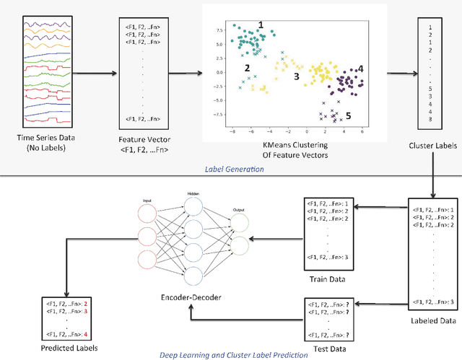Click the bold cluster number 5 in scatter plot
[349, 115]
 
